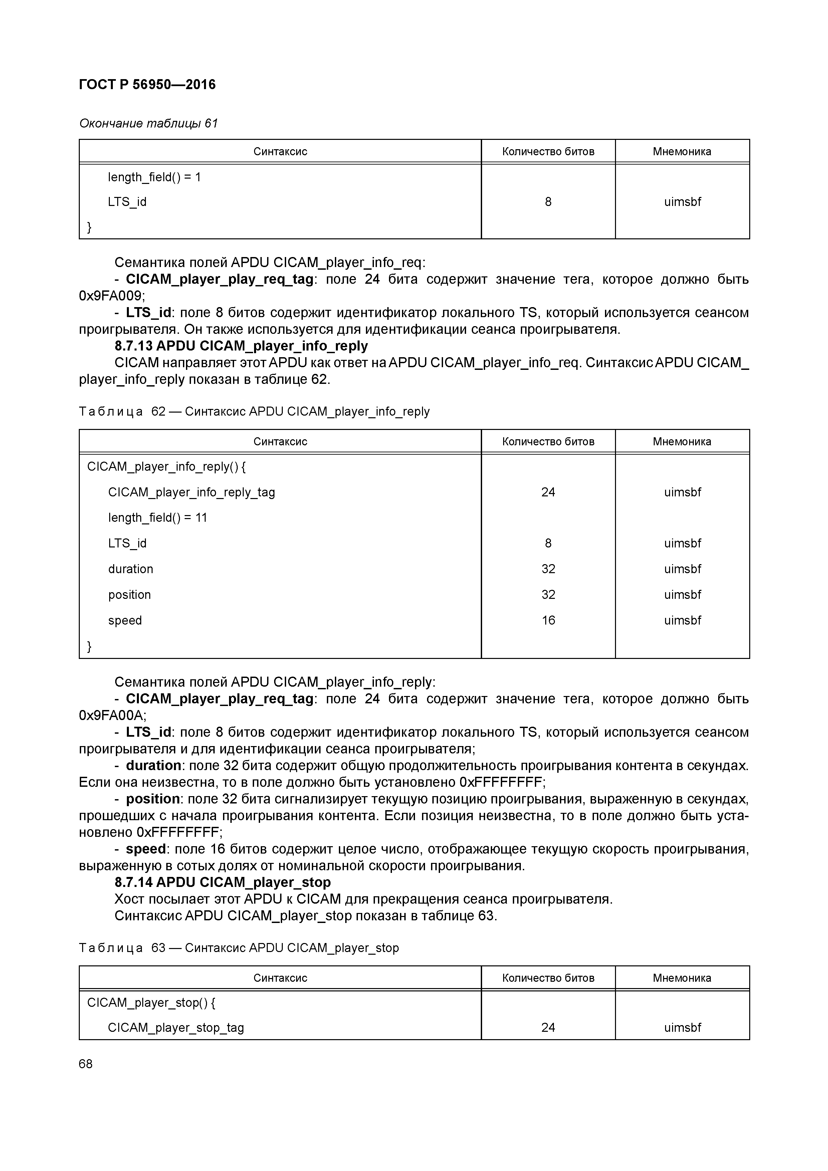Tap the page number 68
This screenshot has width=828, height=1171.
[x=86, y=1064]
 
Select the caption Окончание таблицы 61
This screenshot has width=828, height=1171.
[x=148, y=124]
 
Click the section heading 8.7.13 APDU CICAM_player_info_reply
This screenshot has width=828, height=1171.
[x=241, y=346]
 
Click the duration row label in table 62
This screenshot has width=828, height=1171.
[x=130, y=569]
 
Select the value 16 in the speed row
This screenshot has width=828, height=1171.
[x=548, y=620]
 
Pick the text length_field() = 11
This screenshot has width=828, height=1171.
[x=157, y=518]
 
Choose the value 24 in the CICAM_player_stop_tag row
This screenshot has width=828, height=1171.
[x=548, y=1027]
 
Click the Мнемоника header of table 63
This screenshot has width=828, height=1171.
[x=681, y=978]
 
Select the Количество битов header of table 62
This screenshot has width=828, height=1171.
[x=548, y=441]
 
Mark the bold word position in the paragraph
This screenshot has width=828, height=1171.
[x=153, y=799]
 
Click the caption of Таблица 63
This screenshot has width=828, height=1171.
[x=239, y=948]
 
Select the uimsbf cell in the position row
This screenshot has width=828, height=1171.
[x=682, y=595]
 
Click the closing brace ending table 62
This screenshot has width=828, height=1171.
[x=89, y=646]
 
